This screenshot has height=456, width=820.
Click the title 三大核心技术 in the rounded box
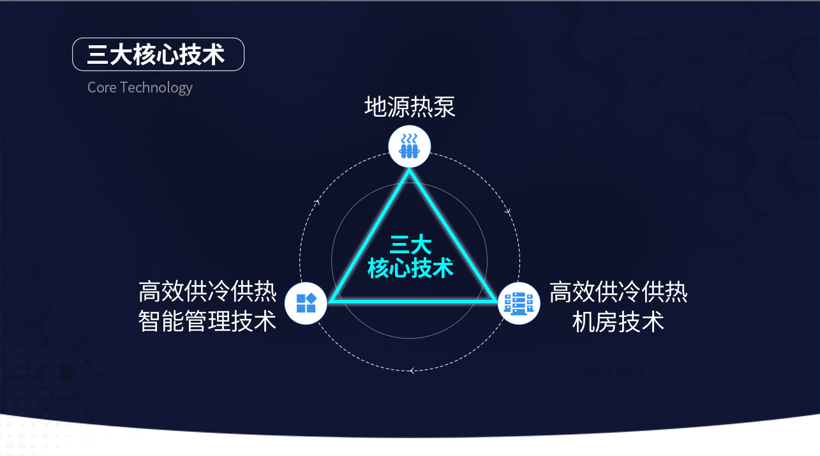pyautogui.click(x=156, y=55)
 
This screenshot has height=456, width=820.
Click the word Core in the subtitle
pyautogui.click(x=101, y=87)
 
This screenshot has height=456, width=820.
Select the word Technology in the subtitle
pyautogui.click(x=156, y=88)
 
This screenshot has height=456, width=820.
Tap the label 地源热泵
pyautogui.click(x=410, y=107)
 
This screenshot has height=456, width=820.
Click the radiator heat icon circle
pyautogui.click(x=409, y=147)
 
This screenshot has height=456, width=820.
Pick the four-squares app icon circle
pyautogui.click(x=306, y=303)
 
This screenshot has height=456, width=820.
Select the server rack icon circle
pyautogui.click(x=519, y=303)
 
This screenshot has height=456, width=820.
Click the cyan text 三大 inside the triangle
pyautogui.click(x=410, y=244)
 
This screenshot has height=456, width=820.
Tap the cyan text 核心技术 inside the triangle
pyautogui.click(x=410, y=268)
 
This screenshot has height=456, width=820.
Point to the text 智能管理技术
pyautogui.click(x=207, y=321)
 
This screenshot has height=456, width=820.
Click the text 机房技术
pyautogui.click(x=618, y=321)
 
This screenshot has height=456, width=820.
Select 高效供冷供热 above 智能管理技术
pyautogui.click(x=207, y=291)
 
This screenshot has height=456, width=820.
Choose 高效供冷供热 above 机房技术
pyautogui.click(x=618, y=291)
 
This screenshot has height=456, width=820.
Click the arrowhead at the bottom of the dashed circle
pyautogui.click(x=412, y=371)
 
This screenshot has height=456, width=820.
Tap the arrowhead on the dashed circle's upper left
pyautogui.click(x=317, y=202)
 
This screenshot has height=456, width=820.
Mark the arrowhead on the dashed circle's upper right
pyautogui.click(x=508, y=211)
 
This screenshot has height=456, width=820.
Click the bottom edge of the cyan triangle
pyautogui.click(x=414, y=301)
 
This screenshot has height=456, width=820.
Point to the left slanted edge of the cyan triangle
pyautogui.click(x=369, y=235)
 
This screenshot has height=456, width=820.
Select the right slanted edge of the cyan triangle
pyautogui.click(x=454, y=235)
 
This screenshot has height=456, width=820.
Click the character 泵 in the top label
pyautogui.click(x=444, y=107)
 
